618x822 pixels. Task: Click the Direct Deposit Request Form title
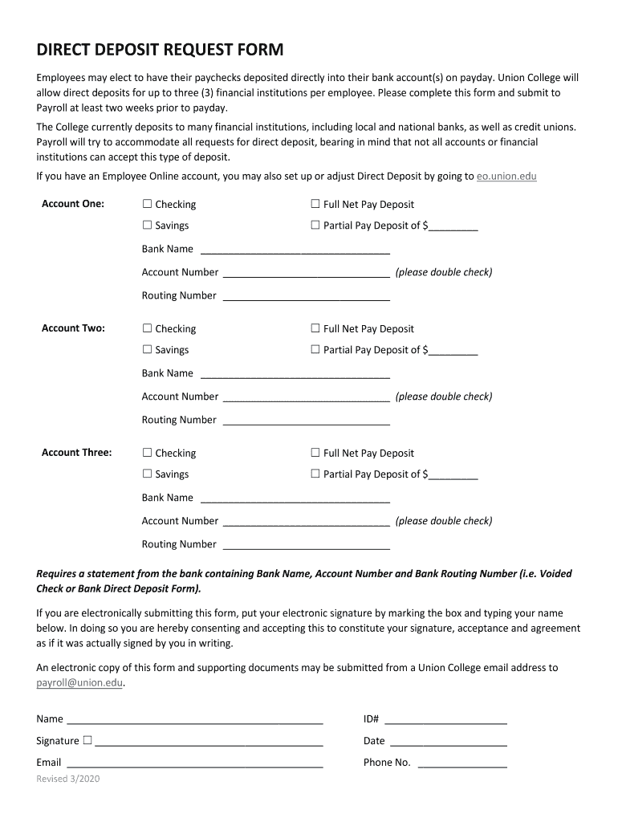[x=160, y=51]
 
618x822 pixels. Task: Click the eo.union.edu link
[x=506, y=176]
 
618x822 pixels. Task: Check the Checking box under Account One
[x=147, y=205]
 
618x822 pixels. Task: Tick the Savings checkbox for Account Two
[x=147, y=350]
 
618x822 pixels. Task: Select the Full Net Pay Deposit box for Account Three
[x=315, y=453]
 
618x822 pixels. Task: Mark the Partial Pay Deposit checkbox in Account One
[x=315, y=226]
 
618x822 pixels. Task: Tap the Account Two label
[x=73, y=328]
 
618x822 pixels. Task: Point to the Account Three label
[x=76, y=453]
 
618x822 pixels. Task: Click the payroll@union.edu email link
[x=79, y=683]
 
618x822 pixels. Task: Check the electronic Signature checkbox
[x=87, y=740]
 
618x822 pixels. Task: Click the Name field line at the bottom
[x=194, y=720]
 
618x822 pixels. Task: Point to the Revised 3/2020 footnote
[x=68, y=779]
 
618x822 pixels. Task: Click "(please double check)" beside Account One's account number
[x=444, y=272]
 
